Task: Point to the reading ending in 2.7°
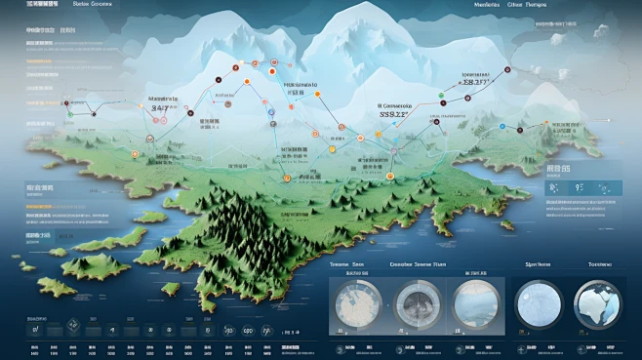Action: (x=479, y=84)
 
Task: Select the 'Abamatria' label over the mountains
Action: (x=165, y=100)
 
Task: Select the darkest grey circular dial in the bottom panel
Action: (x=421, y=305)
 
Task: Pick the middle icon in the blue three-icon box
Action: (x=579, y=189)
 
